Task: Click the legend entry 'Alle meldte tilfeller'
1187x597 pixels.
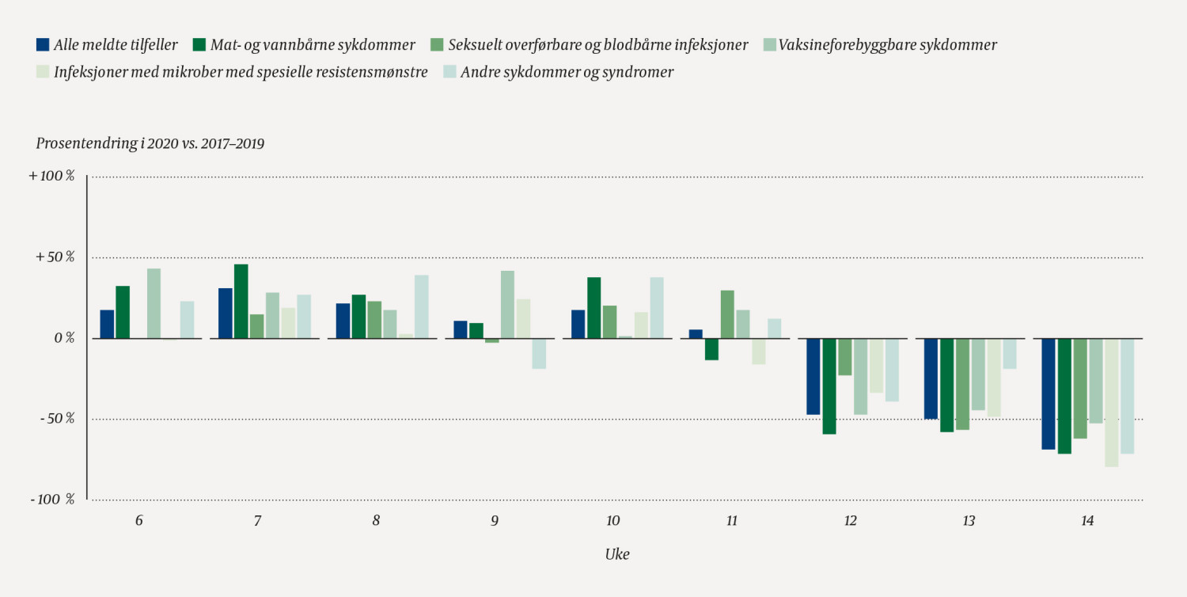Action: pyautogui.click(x=114, y=45)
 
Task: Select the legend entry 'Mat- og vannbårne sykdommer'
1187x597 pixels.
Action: pyautogui.click(x=313, y=45)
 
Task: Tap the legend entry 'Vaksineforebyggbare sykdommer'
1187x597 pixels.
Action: pyautogui.click(x=887, y=45)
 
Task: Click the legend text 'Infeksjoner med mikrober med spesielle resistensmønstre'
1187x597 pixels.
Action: pyautogui.click(x=241, y=72)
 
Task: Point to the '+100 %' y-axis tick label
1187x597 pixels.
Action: pyautogui.click(x=51, y=177)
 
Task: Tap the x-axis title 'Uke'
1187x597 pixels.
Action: pyautogui.click(x=616, y=554)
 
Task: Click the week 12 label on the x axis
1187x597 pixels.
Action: pyautogui.click(x=850, y=521)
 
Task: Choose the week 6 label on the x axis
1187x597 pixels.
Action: pyautogui.click(x=139, y=521)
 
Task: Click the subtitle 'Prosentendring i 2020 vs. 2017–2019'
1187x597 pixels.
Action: pyautogui.click(x=150, y=143)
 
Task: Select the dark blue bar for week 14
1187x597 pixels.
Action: pyautogui.click(x=1049, y=394)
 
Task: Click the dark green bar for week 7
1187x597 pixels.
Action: pyautogui.click(x=241, y=302)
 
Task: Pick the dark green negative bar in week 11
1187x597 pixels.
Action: pyautogui.click(x=711, y=349)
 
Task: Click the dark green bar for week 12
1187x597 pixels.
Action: pyautogui.click(x=829, y=386)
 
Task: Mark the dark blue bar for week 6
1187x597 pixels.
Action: pyautogui.click(x=107, y=324)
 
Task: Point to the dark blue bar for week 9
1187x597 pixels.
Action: pyautogui.click(x=461, y=329)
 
